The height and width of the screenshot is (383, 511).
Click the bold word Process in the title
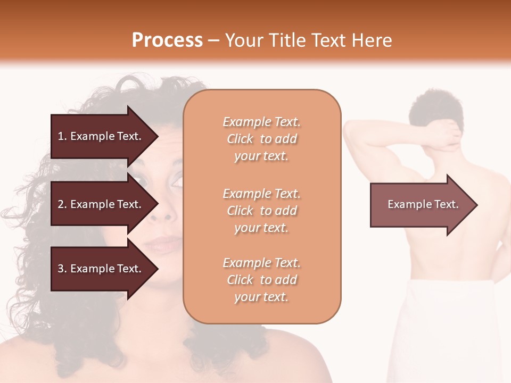tap(167, 40)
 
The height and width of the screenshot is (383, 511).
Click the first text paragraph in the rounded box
tap(261, 139)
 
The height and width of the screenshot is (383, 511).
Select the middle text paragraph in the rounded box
tap(261, 211)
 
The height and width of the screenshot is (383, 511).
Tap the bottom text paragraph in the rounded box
tap(261, 280)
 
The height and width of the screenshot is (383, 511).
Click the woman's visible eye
tap(176, 181)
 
